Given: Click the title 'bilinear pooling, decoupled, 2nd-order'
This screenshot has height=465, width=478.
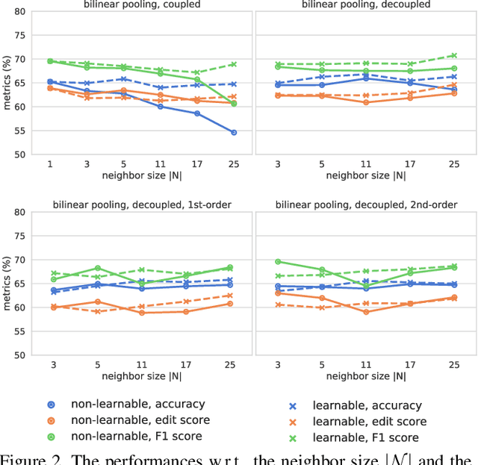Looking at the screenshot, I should [x=366, y=204].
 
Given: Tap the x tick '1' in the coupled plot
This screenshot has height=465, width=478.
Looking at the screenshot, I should [x=50, y=163].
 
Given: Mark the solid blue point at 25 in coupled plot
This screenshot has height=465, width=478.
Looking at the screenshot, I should [x=234, y=132].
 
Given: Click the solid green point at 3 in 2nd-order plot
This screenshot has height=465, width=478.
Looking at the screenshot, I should [x=279, y=261].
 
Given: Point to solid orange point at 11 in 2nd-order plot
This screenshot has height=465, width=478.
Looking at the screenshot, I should [x=366, y=312].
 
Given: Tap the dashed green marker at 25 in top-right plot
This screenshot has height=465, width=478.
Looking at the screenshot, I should [x=453, y=55].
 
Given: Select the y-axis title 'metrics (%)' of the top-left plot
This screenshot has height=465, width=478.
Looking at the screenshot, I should [x=7, y=83].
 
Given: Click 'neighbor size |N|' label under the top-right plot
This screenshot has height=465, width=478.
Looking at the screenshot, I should [x=366, y=175].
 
